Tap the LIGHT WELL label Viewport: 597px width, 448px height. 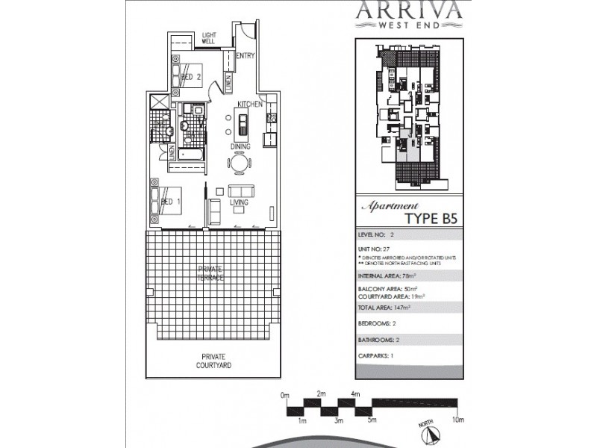(208, 38)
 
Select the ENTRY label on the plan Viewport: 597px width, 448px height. (245, 56)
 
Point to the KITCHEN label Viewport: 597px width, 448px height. (249, 104)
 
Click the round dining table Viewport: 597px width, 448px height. (240, 163)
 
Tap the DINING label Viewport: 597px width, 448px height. (240, 147)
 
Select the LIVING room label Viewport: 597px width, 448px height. (239, 202)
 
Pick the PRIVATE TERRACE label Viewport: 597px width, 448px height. (210, 272)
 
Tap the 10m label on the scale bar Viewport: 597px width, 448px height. (457, 421)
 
